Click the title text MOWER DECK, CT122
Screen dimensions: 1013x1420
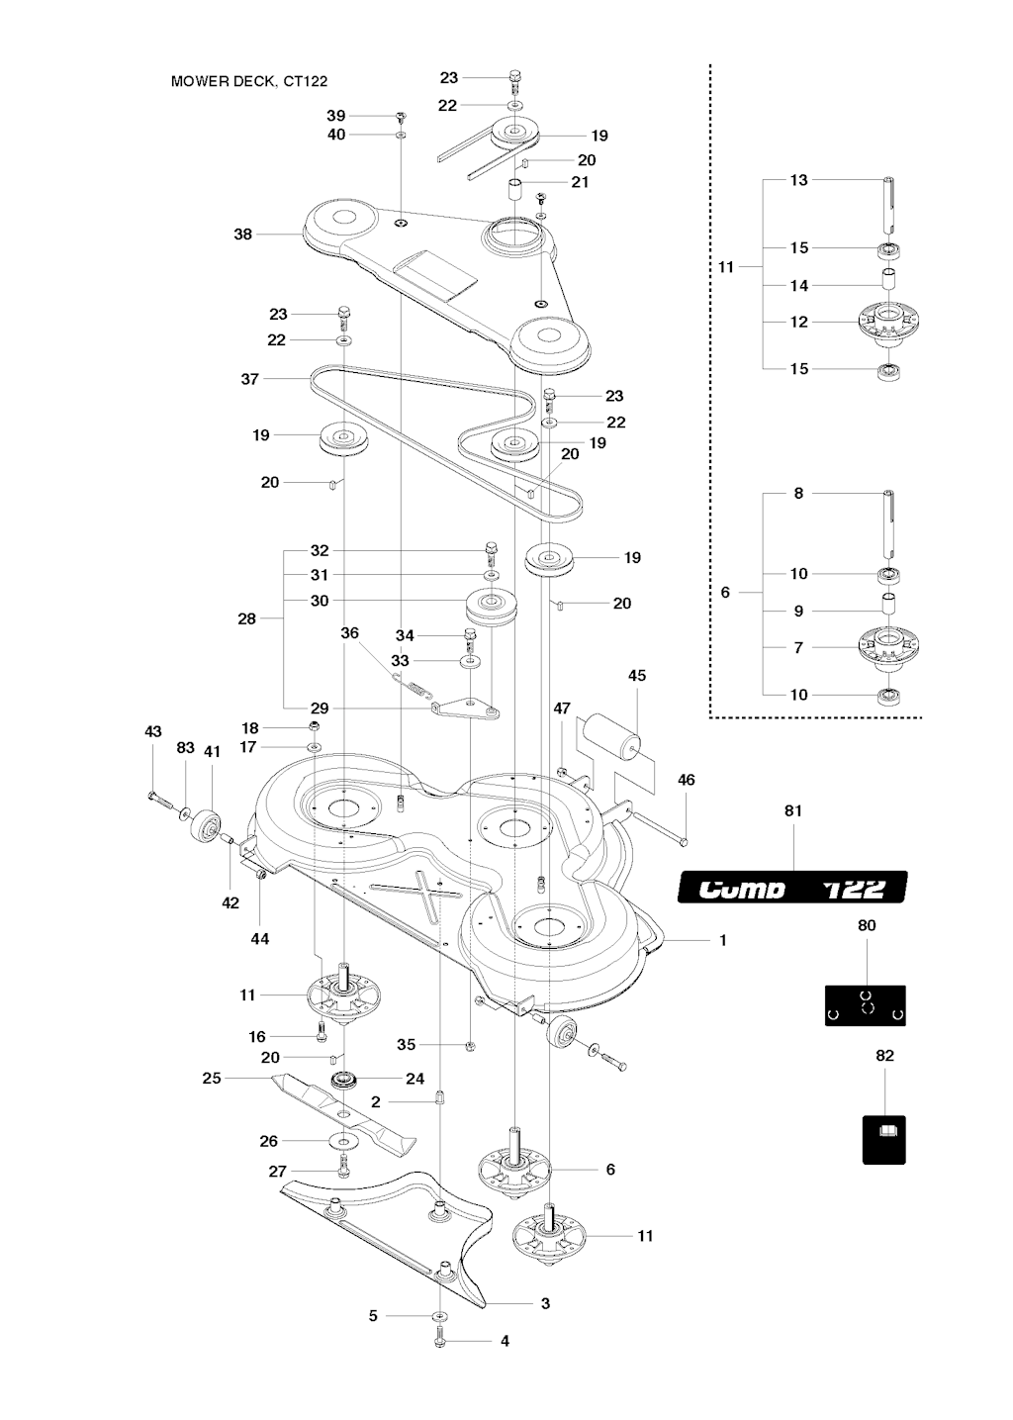click(x=249, y=81)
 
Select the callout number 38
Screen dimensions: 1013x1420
click(x=242, y=234)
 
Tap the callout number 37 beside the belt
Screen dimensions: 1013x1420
click(x=249, y=378)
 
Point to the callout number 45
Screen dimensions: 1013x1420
click(x=636, y=675)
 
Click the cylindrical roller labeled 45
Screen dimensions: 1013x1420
click(x=613, y=737)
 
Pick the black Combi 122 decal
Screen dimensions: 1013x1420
click(x=792, y=887)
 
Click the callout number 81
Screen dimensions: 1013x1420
click(x=793, y=810)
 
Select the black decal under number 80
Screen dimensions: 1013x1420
click(x=865, y=1005)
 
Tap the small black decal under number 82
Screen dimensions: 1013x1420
click(x=883, y=1140)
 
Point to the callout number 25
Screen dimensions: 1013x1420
click(x=212, y=1078)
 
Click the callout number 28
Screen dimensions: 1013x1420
click(x=246, y=618)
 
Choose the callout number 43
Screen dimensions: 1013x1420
click(x=152, y=731)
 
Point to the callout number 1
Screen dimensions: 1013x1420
click(x=723, y=940)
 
